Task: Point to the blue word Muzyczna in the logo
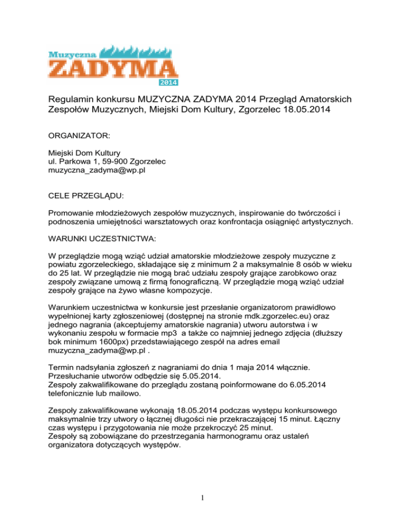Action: pos(69,54)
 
